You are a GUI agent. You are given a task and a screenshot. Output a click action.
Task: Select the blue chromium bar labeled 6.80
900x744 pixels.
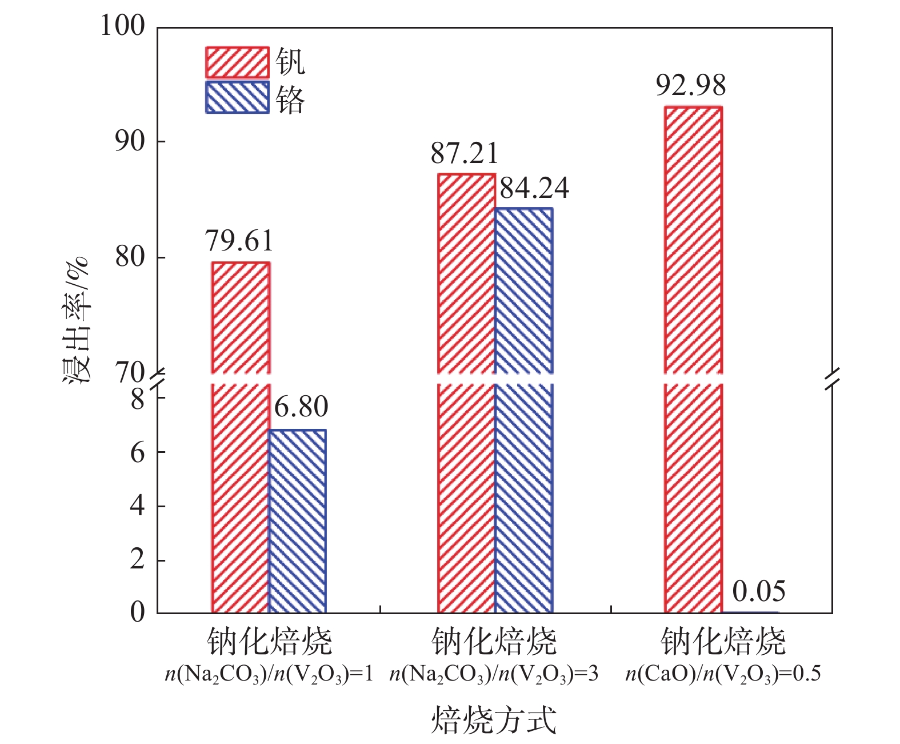(297, 520)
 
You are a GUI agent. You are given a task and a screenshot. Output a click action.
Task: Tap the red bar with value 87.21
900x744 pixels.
(466, 395)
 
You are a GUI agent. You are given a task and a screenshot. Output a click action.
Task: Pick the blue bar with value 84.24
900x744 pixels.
(523, 412)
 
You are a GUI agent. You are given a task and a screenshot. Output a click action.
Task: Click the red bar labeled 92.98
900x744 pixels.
(693, 360)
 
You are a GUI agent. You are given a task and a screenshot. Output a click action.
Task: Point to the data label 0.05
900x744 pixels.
(758, 591)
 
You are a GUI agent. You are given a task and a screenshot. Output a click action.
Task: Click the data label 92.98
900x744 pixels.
(691, 85)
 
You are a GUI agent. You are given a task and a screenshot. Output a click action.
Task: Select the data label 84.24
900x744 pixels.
(534, 188)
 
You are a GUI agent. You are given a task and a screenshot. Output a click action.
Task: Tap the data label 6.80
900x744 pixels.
(301, 407)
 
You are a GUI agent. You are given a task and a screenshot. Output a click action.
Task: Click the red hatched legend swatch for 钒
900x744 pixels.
(237, 62)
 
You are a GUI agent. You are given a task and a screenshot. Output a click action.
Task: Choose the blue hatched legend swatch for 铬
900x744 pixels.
(237, 98)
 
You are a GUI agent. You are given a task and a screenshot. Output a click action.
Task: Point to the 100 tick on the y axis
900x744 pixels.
(123, 26)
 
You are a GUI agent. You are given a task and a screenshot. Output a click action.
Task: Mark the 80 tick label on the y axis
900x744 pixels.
(130, 257)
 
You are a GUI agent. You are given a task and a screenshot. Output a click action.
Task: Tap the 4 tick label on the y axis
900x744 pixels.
(138, 506)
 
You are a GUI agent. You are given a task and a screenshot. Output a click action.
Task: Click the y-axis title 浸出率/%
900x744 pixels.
(77, 320)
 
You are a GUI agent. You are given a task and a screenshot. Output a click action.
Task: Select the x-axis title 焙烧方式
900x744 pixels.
(494, 719)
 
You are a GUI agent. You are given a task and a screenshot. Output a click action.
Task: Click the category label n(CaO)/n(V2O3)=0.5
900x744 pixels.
(723, 674)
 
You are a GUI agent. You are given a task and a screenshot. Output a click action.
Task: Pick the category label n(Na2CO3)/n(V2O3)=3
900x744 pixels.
(494, 674)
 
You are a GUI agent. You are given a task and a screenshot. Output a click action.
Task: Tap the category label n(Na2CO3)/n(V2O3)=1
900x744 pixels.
(269, 674)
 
